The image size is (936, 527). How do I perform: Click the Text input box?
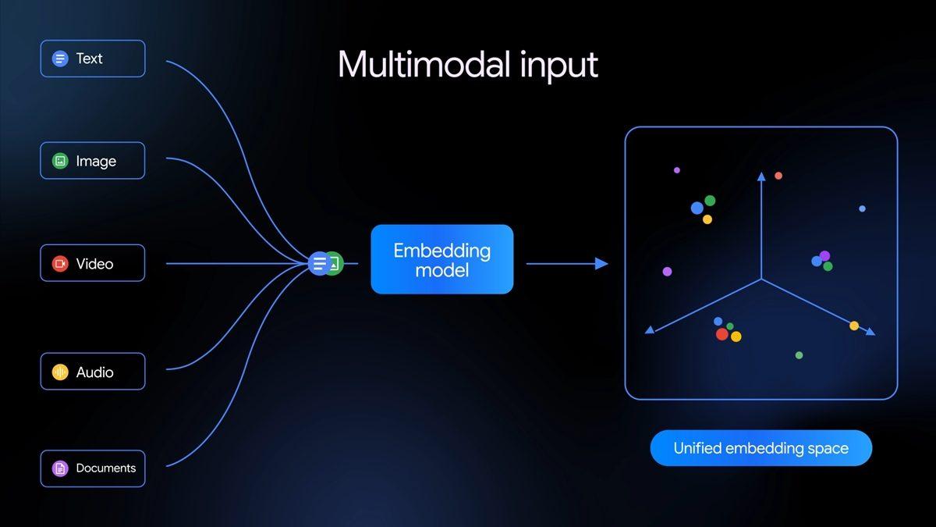coord(93,59)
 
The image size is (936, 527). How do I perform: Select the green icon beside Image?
coord(60,161)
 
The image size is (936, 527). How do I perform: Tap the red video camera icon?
coord(60,264)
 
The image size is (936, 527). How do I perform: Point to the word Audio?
coord(95,372)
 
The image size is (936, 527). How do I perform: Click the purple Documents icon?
coord(60,468)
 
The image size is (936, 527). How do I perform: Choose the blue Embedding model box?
coord(441,260)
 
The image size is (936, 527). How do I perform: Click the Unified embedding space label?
coord(760,448)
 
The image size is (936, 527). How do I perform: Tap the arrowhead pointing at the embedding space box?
coord(601,264)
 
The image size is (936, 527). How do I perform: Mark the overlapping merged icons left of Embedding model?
coord(325,263)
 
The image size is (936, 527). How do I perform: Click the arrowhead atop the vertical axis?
coord(761,176)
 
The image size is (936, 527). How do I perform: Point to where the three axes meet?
coord(761,280)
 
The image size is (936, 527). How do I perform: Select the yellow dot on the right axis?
coord(854,326)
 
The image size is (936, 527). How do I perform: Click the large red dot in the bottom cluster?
coord(722,334)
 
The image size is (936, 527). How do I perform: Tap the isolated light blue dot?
coord(862,208)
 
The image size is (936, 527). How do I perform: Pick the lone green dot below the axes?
coord(799,355)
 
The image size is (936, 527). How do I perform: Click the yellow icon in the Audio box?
coord(60,372)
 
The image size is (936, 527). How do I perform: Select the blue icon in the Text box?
coord(60,59)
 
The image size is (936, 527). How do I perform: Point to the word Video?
coord(95,264)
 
